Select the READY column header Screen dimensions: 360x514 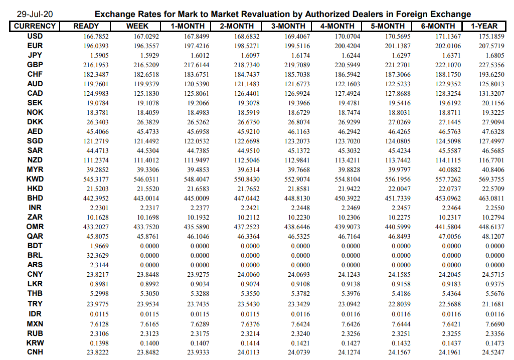point(86,26)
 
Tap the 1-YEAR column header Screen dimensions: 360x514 point(484,26)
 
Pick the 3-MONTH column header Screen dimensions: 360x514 point(287,26)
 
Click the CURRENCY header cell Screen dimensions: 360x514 point(35,26)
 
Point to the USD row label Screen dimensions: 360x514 point(35,36)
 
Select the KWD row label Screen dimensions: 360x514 point(35,179)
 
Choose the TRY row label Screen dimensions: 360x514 point(35,304)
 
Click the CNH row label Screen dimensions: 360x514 point(35,352)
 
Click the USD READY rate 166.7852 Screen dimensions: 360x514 point(96,37)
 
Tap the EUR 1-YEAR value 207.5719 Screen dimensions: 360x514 point(492,46)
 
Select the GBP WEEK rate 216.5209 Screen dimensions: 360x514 point(146,65)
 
